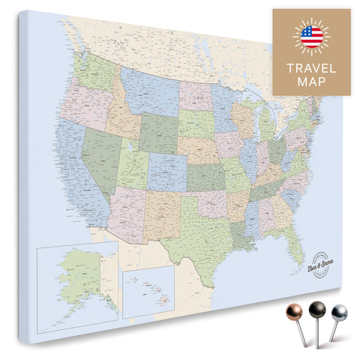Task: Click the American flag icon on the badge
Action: [310, 35]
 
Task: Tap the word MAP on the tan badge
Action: [310, 82]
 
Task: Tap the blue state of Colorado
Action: [166, 172]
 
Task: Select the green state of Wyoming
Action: [158, 132]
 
